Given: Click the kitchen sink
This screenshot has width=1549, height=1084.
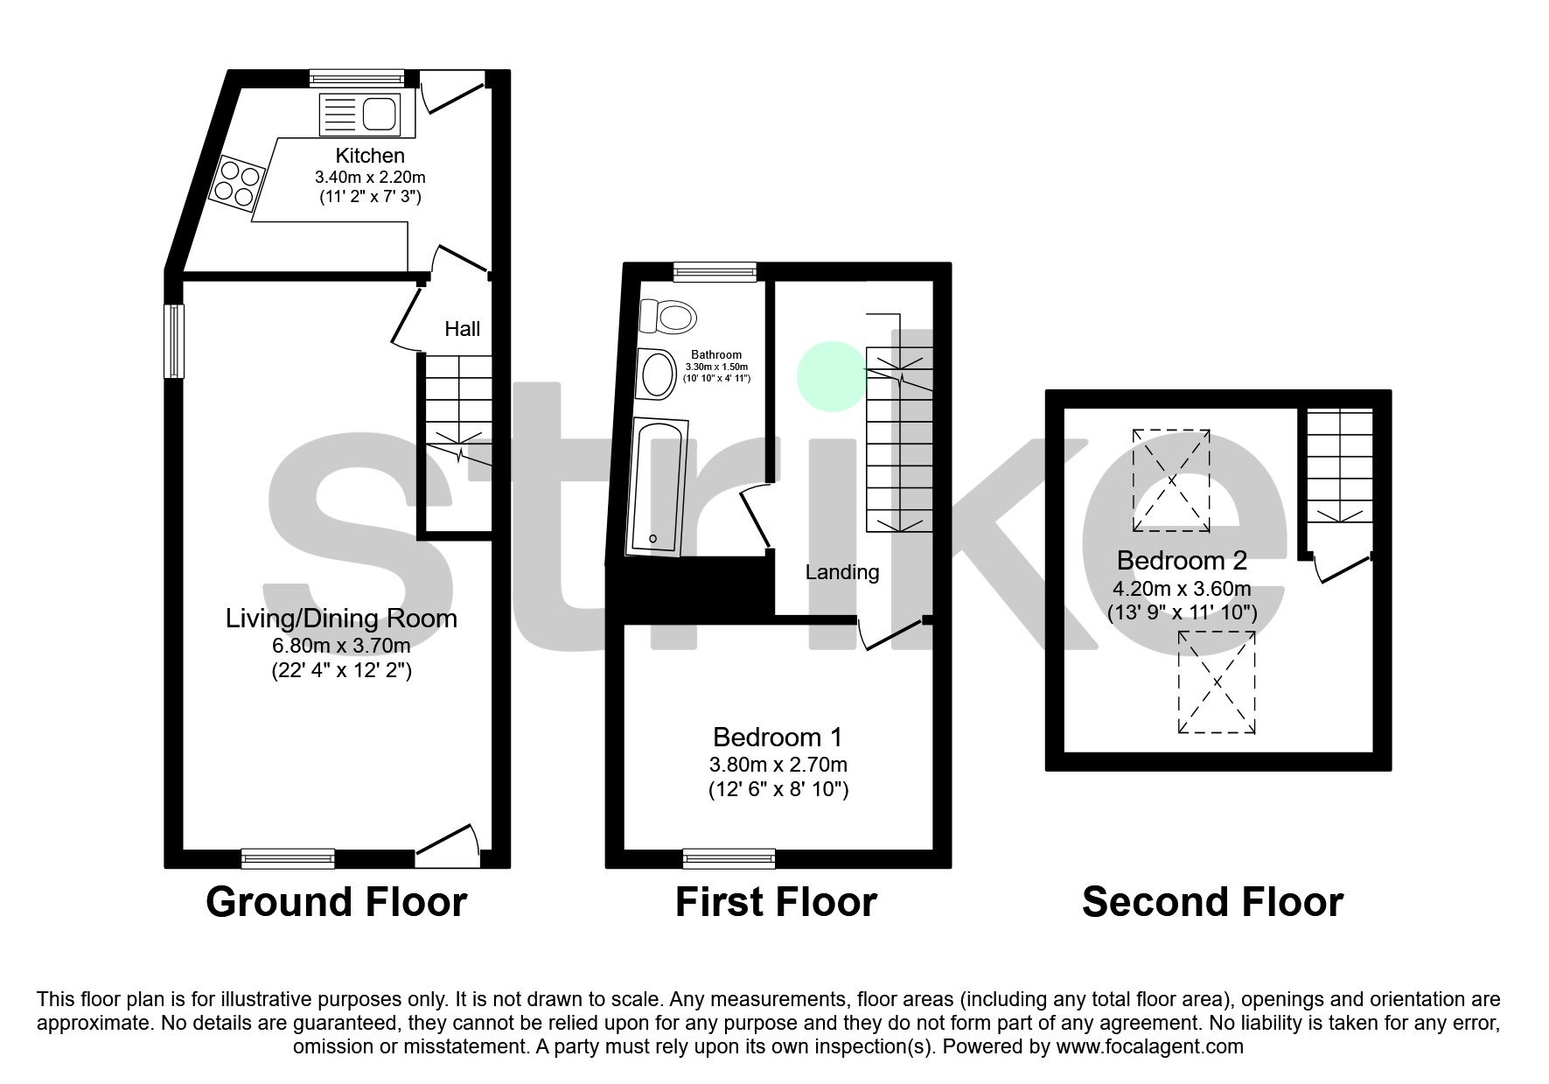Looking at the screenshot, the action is pyautogui.click(x=360, y=114).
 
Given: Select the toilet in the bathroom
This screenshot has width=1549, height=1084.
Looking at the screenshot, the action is pyautogui.click(x=666, y=316).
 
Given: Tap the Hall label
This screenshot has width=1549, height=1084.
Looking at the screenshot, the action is pyautogui.click(x=462, y=329).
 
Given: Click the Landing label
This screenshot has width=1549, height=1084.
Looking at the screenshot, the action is pyautogui.click(x=841, y=572).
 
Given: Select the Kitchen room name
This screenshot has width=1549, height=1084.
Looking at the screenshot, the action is pyautogui.click(x=370, y=156).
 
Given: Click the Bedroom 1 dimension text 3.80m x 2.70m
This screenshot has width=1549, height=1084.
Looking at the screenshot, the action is pyautogui.click(x=778, y=764).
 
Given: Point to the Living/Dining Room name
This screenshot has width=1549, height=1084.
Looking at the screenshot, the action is pyautogui.click(x=341, y=619).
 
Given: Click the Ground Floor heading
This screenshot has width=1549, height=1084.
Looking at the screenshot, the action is pyautogui.click(x=336, y=902).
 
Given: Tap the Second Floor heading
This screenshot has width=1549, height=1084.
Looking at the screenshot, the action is pyautogui.click(x=1212, y=902).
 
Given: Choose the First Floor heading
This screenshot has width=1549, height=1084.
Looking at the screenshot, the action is pyautogui.click(x=776, y=902).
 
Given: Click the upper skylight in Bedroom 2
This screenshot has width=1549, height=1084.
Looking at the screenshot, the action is pyautogui.click(x=1171, y=480).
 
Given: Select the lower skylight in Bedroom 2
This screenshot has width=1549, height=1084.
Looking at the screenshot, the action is pyautogui.click(x=1217, y=682).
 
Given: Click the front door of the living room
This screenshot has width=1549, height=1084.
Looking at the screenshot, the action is pyautogui.click(x=448, y=845).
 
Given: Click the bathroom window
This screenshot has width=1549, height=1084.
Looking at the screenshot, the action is pyautogui.click(x=715, y=272).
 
